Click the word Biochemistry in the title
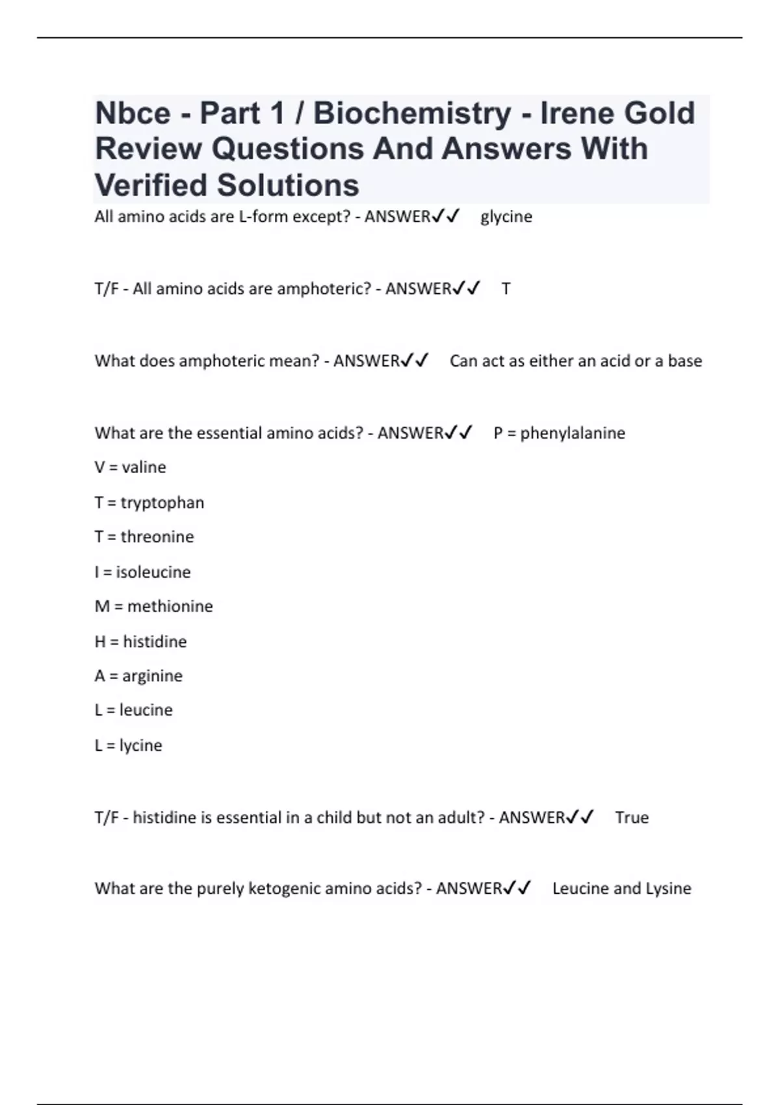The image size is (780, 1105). click(412, 113)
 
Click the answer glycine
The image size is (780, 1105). click(506, 216)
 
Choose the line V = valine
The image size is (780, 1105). click(130, 467)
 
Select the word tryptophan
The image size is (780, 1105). click(162, 502)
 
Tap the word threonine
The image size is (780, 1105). click(157, 537)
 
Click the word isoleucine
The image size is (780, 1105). click(153, 572)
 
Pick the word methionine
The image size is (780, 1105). click(170, 606)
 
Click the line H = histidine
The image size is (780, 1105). click(140, 642)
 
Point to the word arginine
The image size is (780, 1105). click(152, 676)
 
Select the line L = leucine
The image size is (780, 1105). click(133, 710)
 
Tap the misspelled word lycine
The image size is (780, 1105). click(140, 745)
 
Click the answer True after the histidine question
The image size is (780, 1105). click(631, 817)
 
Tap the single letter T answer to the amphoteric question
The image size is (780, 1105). click(506, 289)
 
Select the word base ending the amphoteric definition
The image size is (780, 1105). click(684, 361)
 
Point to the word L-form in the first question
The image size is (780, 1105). click(263, 216)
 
